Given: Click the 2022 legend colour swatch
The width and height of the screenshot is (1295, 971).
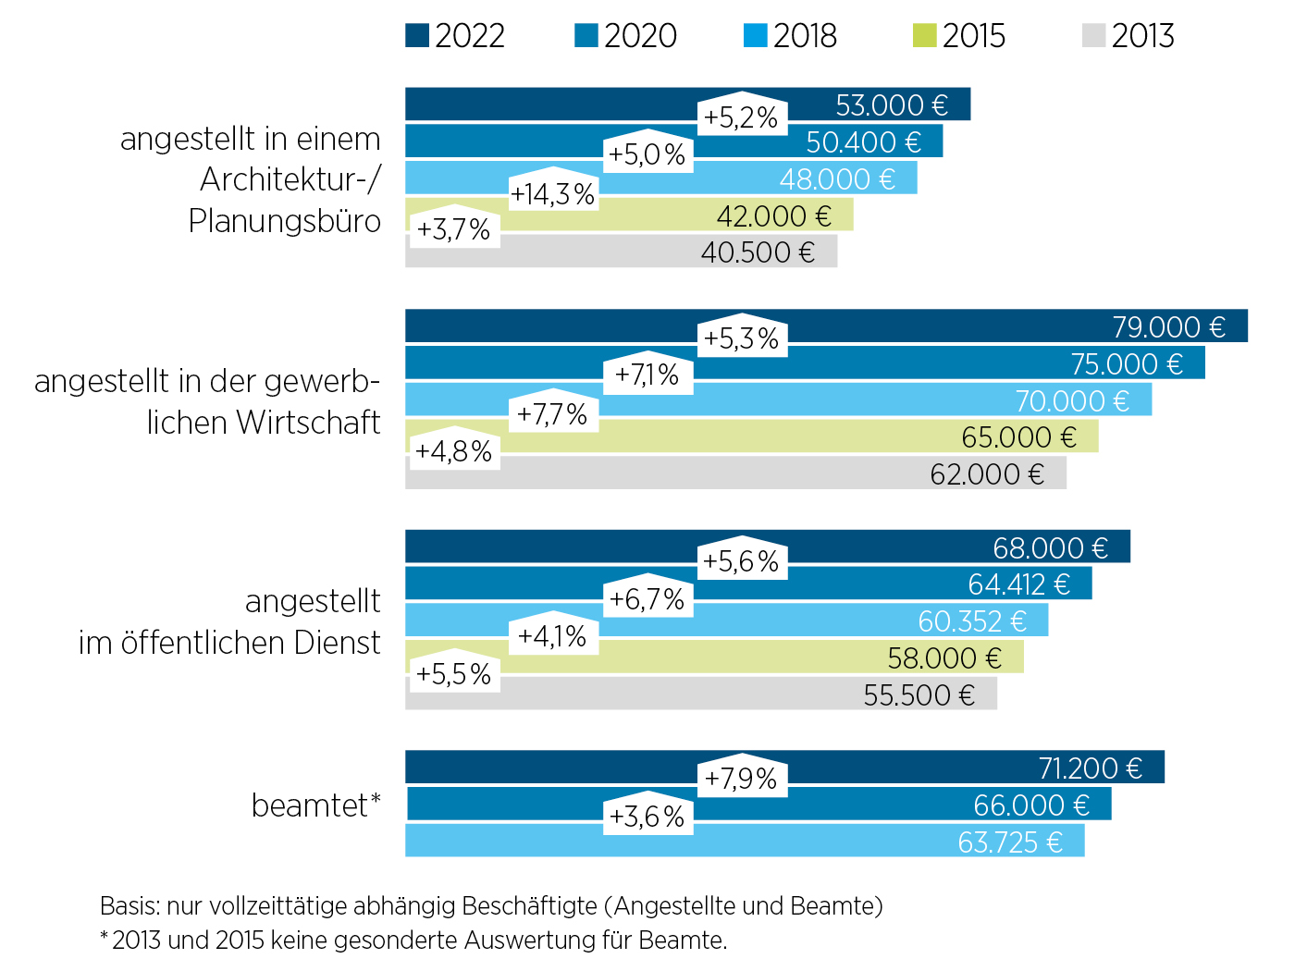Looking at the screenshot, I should [x=417, y=36].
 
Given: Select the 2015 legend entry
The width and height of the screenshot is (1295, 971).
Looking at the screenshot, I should [x=959, y=36].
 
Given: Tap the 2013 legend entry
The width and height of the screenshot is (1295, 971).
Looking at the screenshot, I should [x=1128, y=36].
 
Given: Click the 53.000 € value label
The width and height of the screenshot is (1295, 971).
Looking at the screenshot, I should [x=892, y=105].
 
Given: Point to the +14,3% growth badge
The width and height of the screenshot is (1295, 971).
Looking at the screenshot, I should [x=552, y=194].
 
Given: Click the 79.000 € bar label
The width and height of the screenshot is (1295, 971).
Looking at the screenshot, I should [x=1168, y=327].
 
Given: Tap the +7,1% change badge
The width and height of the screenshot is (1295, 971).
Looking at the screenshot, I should [x=647, y=375].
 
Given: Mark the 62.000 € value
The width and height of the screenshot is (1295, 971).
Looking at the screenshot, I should [x=987, y=474].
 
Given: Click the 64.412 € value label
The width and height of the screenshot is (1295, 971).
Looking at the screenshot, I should [x=1018, y=584].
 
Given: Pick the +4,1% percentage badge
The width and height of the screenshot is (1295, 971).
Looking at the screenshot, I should [x=552, y=636].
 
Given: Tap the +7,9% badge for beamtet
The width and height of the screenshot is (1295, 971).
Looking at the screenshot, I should [x=741, y=779].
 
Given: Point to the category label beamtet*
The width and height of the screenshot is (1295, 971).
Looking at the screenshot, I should [x=315, y=805].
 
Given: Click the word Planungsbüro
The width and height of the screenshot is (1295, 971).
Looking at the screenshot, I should [x=284, y=221].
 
